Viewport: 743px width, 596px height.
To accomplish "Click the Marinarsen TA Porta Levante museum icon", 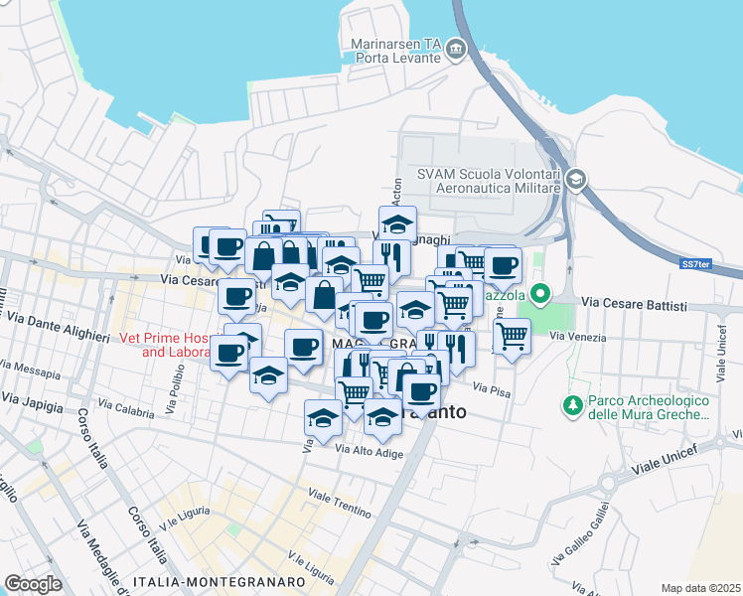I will (x=456, y=49).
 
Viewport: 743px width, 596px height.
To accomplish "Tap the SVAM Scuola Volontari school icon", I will (x=577, y=180).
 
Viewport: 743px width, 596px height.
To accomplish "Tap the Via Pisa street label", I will (x=492, y=390).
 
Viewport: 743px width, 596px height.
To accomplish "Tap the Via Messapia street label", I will (x=30, y=373).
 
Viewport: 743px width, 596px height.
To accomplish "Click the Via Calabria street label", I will (x=126, y=409).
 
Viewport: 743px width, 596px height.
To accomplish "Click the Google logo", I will (x=33, y=583).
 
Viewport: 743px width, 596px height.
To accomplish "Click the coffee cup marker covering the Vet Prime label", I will (x=229, y=352).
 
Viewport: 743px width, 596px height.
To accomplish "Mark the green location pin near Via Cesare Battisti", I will (x=539, y=294).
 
